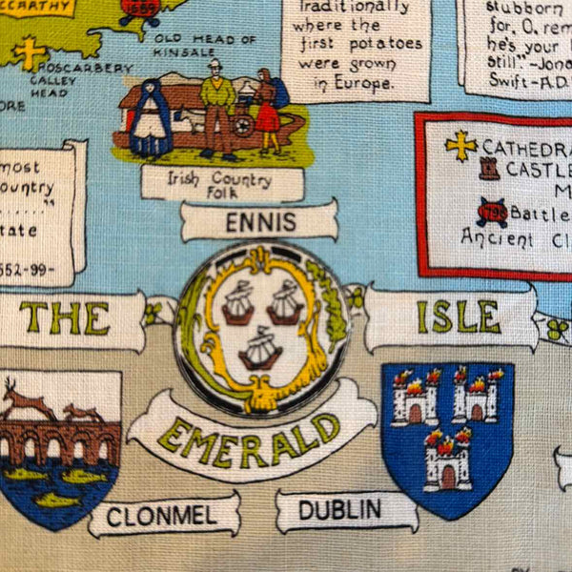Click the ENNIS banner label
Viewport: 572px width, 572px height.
click(258, 222)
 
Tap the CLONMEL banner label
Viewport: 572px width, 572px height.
click(163, 517)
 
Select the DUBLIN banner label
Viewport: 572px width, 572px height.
click(340, 510)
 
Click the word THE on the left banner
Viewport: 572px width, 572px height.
click(65, 318)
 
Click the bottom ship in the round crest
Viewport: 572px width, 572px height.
click(259, 349)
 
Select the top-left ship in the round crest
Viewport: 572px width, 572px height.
click(237, 304)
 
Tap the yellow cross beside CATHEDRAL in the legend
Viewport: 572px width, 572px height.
click(460, 145)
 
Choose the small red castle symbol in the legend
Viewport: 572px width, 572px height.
click(491, 172)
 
